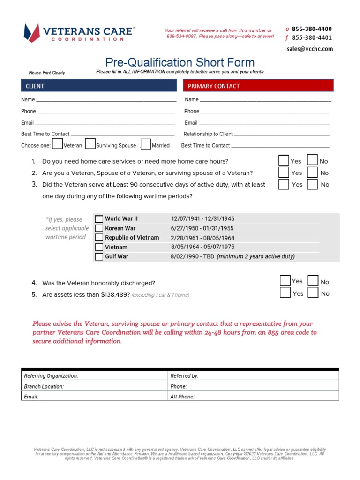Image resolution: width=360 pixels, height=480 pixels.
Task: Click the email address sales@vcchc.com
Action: pos(310,49)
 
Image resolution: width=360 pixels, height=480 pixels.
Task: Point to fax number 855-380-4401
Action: pos(312,38)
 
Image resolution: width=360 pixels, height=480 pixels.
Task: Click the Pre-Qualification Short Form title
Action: pos(180,62)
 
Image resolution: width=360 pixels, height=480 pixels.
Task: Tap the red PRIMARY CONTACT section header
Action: pos(258,86)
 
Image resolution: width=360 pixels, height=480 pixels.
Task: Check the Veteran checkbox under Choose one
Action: pos(58,144)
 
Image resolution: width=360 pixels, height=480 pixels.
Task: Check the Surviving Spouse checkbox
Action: pos(90,144)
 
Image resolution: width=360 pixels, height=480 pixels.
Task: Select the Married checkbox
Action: pos(146,144)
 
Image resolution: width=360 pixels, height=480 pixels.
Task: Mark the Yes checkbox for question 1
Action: pos(284,160)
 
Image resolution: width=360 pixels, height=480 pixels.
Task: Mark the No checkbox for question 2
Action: pos(313,172)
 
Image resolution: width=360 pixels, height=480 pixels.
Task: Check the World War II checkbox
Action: pos(99,219)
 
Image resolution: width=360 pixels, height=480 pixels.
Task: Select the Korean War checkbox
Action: pos(99,228)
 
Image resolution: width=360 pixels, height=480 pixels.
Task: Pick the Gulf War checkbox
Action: pos(99,257)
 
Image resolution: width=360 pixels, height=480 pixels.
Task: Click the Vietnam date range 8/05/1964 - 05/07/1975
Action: pos(203,247)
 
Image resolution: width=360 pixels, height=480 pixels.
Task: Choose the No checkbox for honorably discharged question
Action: pos(313,281)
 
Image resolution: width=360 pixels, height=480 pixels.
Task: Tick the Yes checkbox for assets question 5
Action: pos(285,293)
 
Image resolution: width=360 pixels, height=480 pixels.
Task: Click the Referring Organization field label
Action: pos(51,376)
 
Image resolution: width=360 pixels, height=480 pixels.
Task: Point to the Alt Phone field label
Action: pos(182,397)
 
